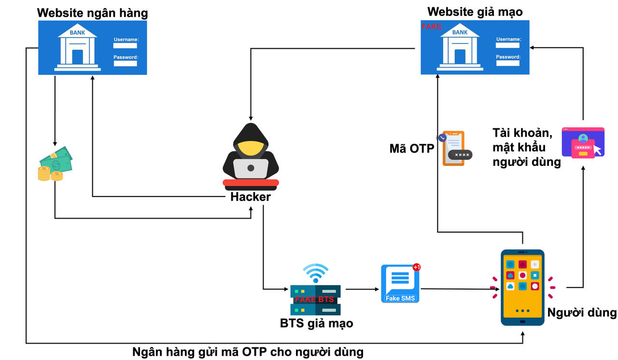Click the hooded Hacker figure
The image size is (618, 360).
pyautogui.click(x=251, y=154)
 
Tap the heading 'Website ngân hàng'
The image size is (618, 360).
pyautogui.click(x=93, y=13)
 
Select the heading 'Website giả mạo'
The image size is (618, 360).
pyautogui.click(x=475, y=12)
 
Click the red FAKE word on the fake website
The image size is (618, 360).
pyautogui.click(x=432, y=27)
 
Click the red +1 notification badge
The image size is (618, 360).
pyautogui.click(x=417, y=267)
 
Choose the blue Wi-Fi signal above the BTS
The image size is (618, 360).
pyautogui.click(x=315, y=273)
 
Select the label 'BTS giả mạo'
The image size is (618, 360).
pyautogui.click(x=316, y=323)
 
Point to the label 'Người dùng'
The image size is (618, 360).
pyautogui.click(x=582, y=312)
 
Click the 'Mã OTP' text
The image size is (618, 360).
pyautogui.click(x=411, y=149)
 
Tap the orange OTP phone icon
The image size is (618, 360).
pyautogui.click(x=454, y=148)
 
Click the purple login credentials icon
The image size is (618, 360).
pyautogui.click(x=583, y=143)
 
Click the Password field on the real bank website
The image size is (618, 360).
pyautogui.click(x=126, y=63)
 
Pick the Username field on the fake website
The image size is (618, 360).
pyautogui.click(x=508, y=45)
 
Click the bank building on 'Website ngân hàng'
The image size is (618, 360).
pyautogui.click(x=77, y=48)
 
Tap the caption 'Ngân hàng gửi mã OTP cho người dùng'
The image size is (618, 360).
pyautogui.click(x=248, y=352)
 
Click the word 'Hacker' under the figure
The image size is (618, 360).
pyautogui.click(x=251, y=197)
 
